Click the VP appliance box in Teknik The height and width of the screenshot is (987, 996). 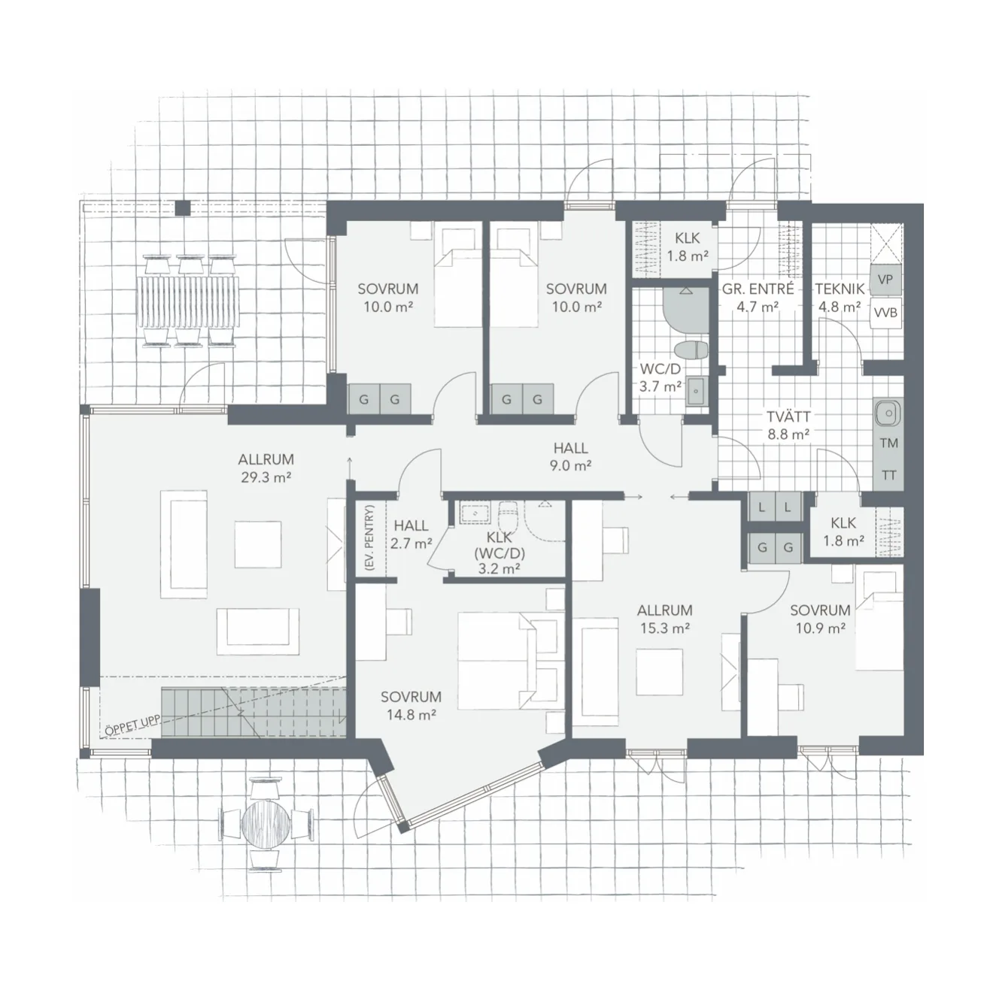click(x=885, y=280)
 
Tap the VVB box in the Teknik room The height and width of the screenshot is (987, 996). click(x=885, y=313)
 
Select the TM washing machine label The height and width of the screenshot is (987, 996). click(x=888, y=443)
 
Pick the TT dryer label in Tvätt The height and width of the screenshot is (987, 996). click(x=888, y=474)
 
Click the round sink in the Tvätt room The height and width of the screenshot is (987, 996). click(x=888, y=413)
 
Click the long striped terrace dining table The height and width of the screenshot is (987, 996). click(x=189, y=301)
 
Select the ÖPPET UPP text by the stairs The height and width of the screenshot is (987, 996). click(x=132, y=726)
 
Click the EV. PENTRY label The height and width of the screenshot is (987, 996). click(x=369, y=537)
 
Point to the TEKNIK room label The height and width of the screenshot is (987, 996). click(x=840, y=289)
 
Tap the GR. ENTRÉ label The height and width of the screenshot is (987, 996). click(x=758, y=289)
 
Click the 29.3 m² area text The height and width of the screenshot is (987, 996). click(x=266, y=477)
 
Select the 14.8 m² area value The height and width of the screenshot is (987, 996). click(x=411, y=714)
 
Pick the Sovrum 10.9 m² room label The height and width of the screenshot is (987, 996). click(x=820, y=619)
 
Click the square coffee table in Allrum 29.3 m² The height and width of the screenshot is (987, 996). click(x=258, y=544)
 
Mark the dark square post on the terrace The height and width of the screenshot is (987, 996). click(x=183, y=207)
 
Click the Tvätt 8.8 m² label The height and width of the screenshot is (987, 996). click(x=788, y=425)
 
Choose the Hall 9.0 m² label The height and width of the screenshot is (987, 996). click(x=571, y=456)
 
